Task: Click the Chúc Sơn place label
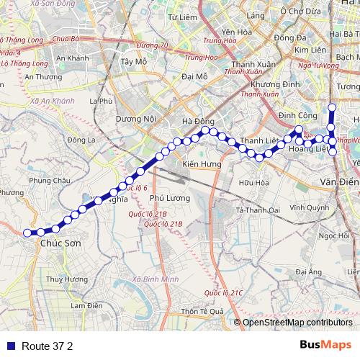(60, 244)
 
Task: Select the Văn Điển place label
(338, 181)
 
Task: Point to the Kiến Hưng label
(201, 165)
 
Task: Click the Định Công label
(294, 115)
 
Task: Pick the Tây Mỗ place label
(135, 62)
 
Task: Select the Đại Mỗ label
(194, 76)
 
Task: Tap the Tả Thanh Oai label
(256, 210)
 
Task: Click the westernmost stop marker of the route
(28, 233)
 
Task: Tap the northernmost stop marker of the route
(332, 108)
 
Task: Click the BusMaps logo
(325, 345)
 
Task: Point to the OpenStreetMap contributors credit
(297, 323)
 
